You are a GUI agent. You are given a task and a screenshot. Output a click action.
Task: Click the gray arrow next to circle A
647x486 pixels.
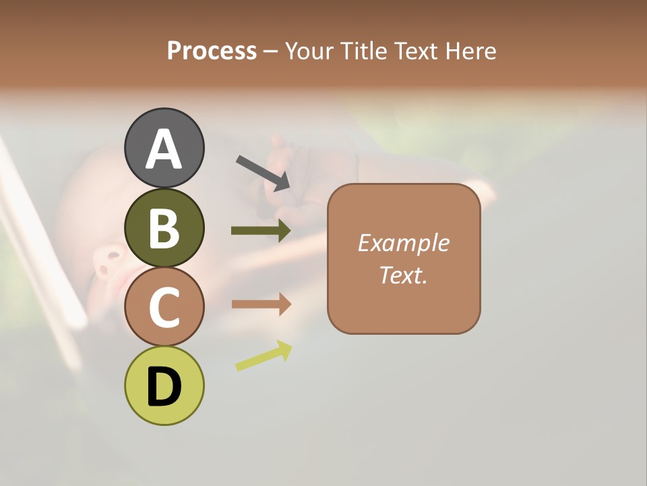point(263,172)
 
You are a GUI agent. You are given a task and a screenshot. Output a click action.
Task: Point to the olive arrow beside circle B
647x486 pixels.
point(261,231)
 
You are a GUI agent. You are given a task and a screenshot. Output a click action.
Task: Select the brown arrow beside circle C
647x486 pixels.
point(261,304)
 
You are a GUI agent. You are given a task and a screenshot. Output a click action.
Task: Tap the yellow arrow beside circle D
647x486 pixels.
point(264,356)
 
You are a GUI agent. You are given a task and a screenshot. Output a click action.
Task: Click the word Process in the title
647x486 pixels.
point(212,51)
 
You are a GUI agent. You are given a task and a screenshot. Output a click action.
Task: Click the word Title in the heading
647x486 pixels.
point(365,51)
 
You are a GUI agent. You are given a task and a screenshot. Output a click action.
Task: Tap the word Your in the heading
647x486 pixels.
point(310,51)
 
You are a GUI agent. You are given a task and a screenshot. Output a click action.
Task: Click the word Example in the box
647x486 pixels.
point(403,243)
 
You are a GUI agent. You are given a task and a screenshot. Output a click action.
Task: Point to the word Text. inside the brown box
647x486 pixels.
point(403,275)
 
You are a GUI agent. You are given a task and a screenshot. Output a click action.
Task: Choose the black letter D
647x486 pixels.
point(164,387)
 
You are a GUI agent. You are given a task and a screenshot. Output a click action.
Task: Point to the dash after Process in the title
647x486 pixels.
point(271,51)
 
